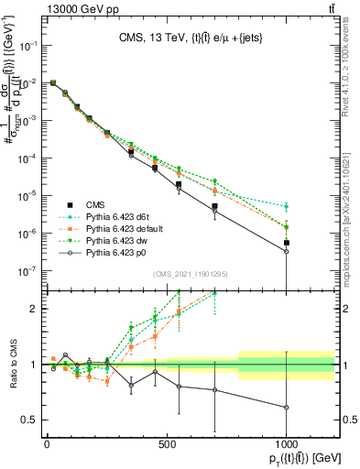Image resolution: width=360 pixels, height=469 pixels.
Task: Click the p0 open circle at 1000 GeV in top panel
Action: click(287, 251)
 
